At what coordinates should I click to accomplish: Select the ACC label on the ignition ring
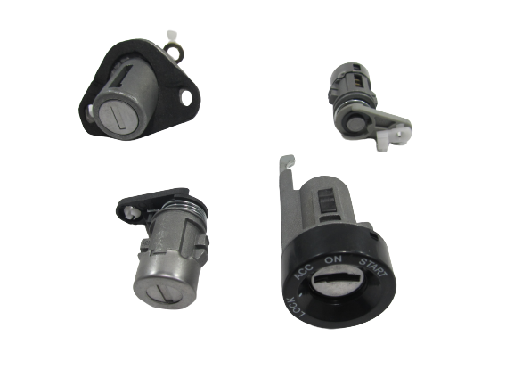pos(303,271)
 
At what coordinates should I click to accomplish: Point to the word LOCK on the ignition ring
pos(296,308)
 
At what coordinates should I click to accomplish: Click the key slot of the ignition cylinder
pos(337,279)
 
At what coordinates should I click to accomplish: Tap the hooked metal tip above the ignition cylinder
pos(287,162)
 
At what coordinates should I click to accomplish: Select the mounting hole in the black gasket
pos(186,98)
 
